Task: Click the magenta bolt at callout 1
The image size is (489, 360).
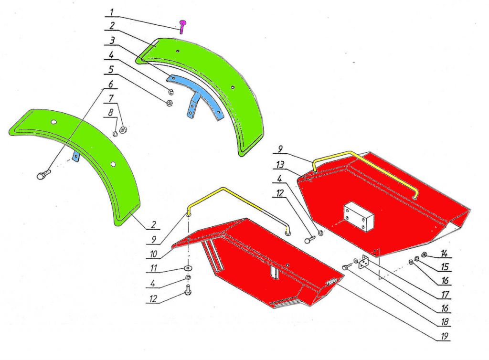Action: pos(183,26)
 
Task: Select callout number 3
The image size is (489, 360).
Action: pos(112,41)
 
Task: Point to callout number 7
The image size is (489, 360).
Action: pos(111,98)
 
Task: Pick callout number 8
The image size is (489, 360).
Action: pos(111,113)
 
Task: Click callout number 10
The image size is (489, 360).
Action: pos(153,254)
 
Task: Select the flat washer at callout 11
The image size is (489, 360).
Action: pos(188,268)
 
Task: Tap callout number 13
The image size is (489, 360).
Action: pos(280,164)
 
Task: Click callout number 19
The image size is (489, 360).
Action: pos(445,336)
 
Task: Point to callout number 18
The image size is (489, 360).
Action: pos(445,322)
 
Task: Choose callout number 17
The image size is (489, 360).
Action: pos(445,294)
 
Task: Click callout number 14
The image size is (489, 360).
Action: pos(444,254)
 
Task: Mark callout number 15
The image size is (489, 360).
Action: pos(445,267)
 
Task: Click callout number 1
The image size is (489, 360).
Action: pos(111,13)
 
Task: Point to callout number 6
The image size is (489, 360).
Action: pos(111,84)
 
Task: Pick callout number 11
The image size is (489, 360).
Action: pos(153,268)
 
